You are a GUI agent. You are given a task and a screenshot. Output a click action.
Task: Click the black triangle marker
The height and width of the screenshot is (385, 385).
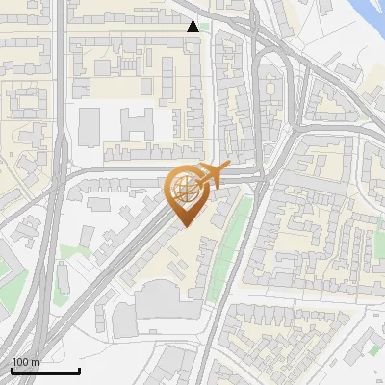[x=193, y=26]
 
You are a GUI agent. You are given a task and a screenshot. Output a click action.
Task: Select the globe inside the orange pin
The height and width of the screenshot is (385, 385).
[x=185, y=189]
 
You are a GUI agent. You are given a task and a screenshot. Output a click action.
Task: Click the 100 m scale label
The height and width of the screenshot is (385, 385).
[x=25, y=362]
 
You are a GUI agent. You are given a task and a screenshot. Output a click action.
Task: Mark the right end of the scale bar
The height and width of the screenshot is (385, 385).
[x=79, y=371]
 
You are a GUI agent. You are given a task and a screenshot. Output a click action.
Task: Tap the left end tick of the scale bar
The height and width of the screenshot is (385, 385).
[x=12, y=371]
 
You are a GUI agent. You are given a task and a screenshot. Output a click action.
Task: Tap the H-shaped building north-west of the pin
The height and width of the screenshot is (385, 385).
[x=138, y=122]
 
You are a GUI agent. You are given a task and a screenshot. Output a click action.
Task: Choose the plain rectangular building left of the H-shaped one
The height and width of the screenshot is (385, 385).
[x=89, y=124]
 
